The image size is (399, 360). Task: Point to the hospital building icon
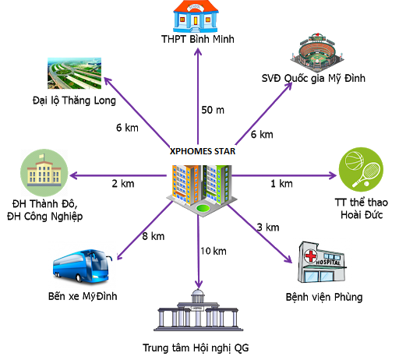coord(322,263)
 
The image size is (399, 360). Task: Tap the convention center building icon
coord(200,312)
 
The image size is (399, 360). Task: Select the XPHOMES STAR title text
coord(202,152)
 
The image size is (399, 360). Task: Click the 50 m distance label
coord(214,109)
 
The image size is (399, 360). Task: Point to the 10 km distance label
coord(213,251)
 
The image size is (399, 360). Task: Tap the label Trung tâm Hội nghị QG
coord(200,348)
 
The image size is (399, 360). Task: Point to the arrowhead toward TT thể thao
coord(330,175)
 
